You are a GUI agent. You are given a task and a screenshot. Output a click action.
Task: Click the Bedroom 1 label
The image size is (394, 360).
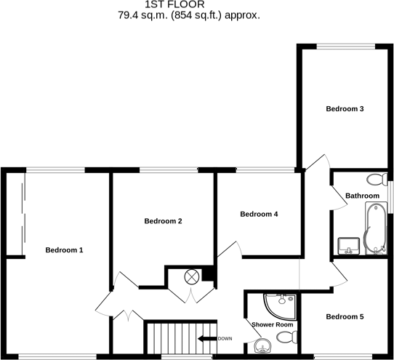[x=64, y=250]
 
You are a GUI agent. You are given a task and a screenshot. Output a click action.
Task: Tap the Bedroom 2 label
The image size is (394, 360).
[x=163, y=221]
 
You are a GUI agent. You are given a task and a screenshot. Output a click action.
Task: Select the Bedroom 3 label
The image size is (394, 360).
[x=344, y=109]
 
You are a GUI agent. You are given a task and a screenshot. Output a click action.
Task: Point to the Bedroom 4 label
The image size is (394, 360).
[x=259, y=214]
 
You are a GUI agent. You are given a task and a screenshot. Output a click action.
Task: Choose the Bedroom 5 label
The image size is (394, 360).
[x=344, y=316]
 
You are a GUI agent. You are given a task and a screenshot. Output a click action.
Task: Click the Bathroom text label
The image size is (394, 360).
[x=362, y=196]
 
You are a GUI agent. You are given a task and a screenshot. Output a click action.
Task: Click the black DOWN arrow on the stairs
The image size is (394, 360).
[x=206, y=339]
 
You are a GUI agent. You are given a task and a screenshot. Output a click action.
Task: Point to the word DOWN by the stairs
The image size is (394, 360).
[x=225, y=339]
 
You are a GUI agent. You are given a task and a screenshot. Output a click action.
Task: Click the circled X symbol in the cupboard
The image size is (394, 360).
[x=192, y=276]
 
